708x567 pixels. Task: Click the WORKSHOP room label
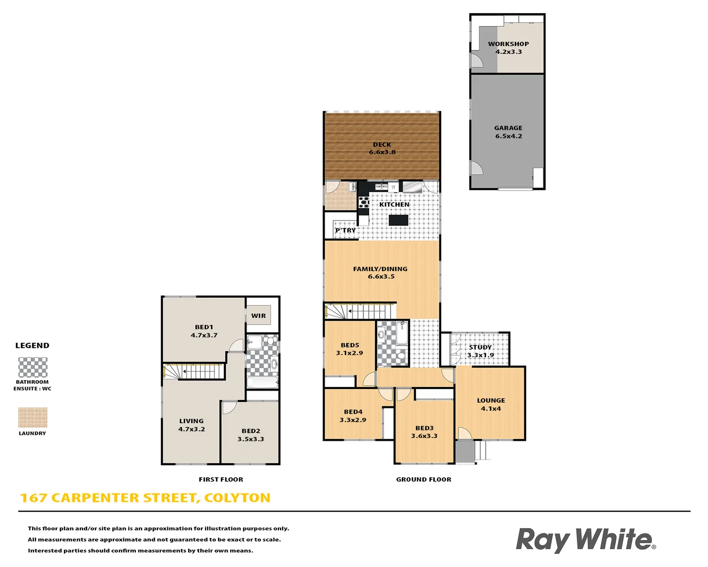click(x=508, y=44)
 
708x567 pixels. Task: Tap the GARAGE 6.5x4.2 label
click(x=508, y=132)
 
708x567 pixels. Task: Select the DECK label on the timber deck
click(x=382, y=145)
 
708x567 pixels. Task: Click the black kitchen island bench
click(x=399, y=220)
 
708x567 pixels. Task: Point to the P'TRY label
click(x=346, y=230)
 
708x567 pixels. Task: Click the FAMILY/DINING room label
click(x=380, y=269)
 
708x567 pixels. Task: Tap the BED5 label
click(x=350, y=345)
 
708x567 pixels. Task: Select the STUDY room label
click(x=480, y=348)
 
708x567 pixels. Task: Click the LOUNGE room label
click(x=491, y=401)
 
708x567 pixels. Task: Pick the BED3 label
click(x=424, y=428)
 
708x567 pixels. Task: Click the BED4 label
click(x=353, y=412)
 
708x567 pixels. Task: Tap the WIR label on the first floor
click(x=259, y=316)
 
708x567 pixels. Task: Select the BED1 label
click(x=204, y=327)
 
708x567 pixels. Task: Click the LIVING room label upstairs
click(x=191, y=421)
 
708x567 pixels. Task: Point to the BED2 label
click(x=251, y=431)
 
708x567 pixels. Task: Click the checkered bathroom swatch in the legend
click(x=33, y=367)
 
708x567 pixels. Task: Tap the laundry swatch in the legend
click(x=33, y=418)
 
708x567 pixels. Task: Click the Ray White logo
click(x=585, y=540)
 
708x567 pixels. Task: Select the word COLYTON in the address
click(x=237, y=498)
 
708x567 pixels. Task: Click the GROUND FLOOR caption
click(x=424, y=479)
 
